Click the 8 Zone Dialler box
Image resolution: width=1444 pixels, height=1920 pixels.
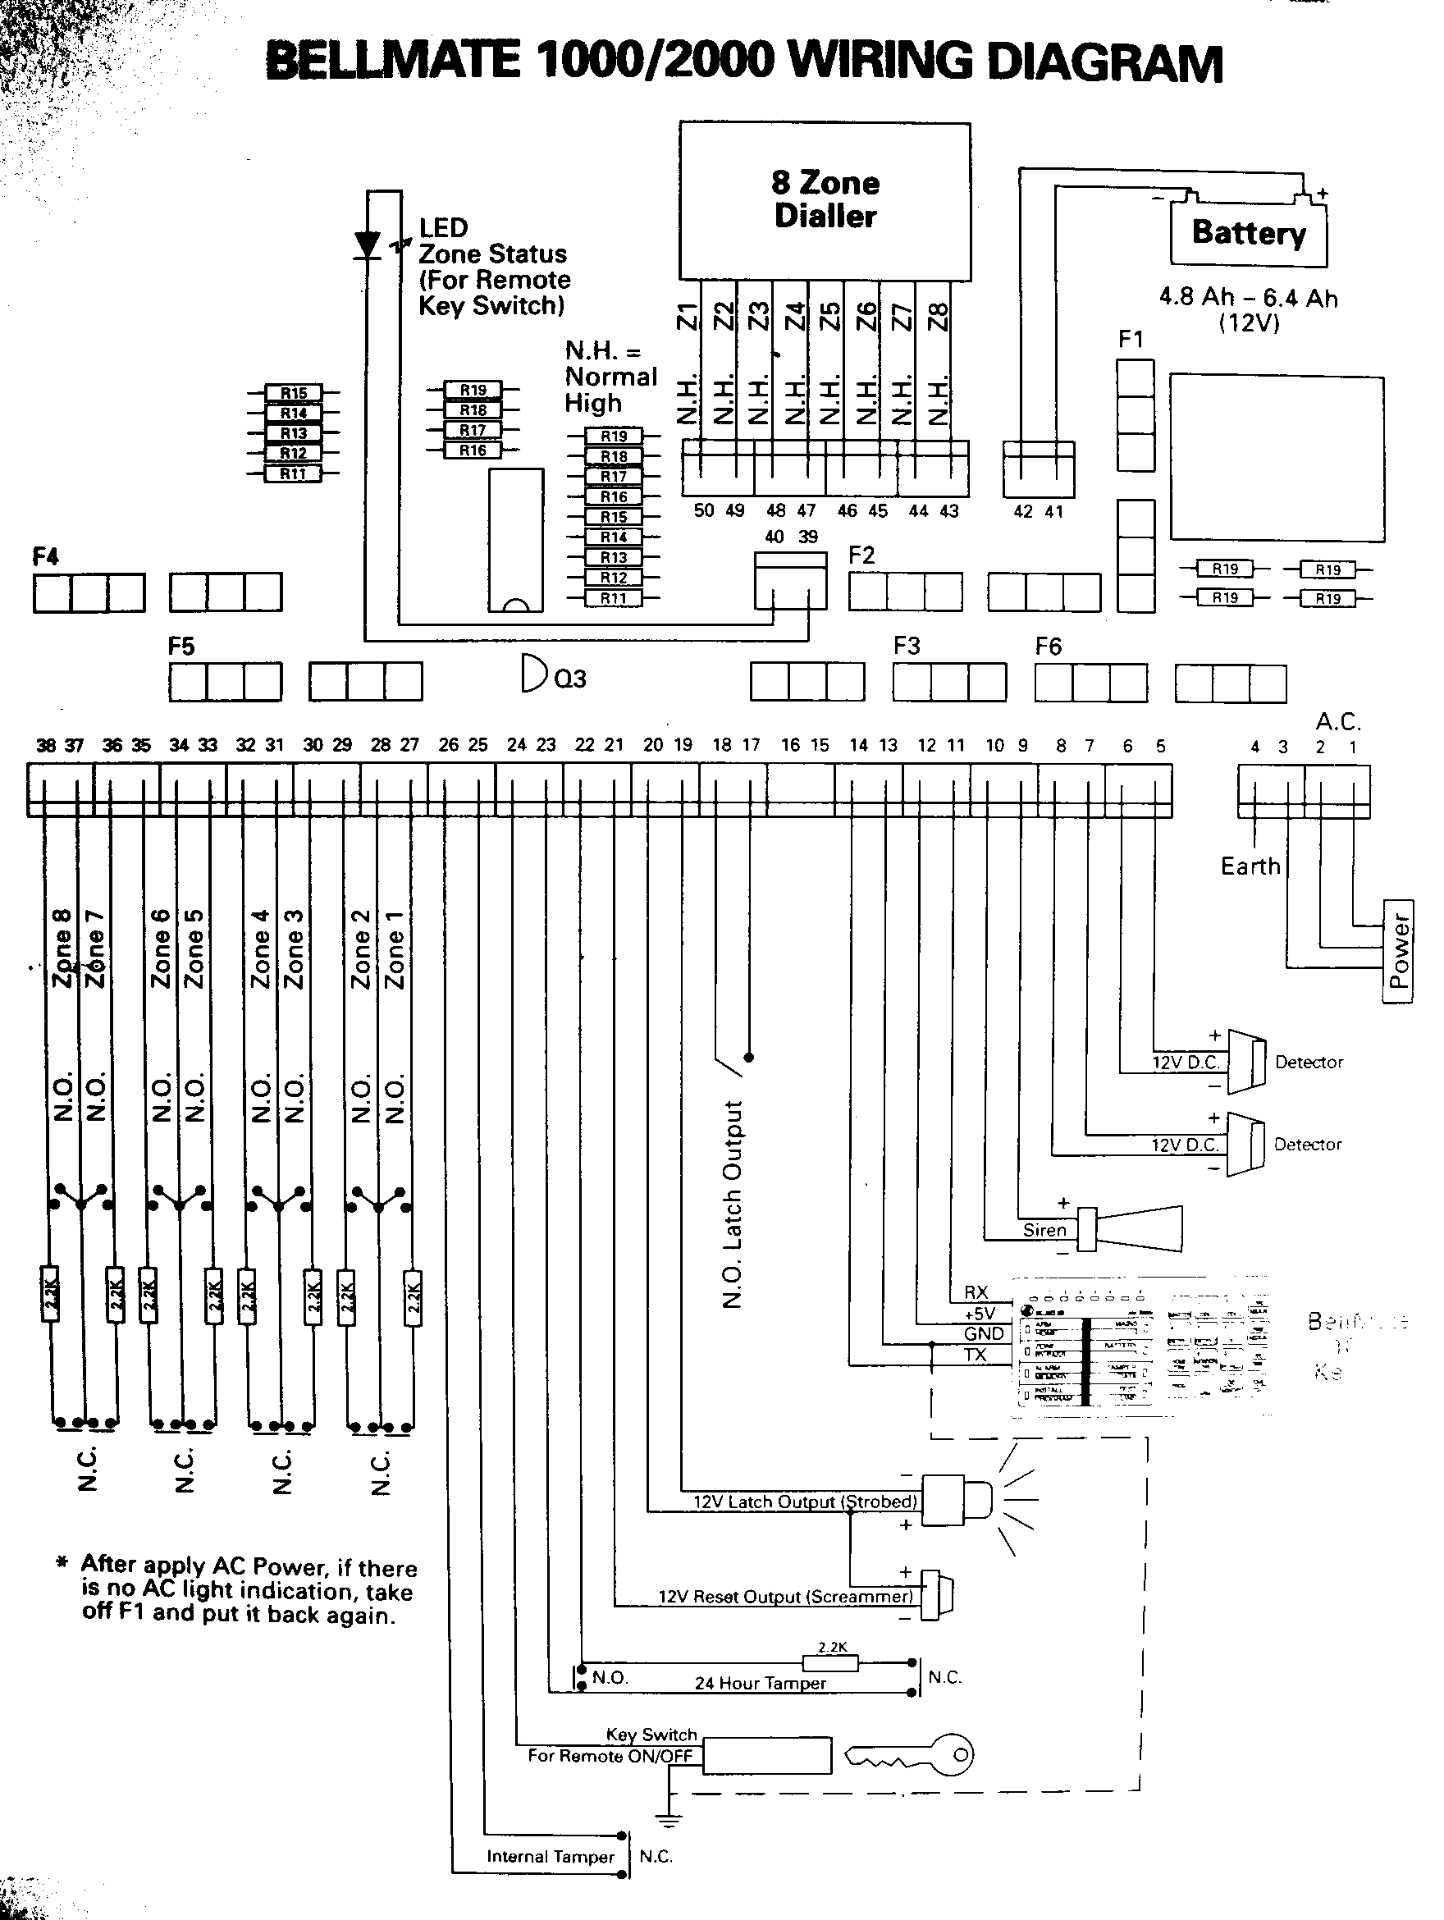coord(825,200)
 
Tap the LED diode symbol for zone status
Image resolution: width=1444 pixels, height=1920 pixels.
coord(369,245)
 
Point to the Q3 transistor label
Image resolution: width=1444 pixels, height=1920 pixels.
coord(569,679)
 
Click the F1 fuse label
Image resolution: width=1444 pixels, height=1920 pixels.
coord(1131,340)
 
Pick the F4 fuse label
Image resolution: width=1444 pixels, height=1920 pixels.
coord(45,556)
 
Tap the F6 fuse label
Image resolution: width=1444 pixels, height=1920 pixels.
coord(1049,646)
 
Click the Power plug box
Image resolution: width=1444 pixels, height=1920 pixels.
coord(1397,950)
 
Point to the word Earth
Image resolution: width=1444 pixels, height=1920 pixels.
coord(1250,866)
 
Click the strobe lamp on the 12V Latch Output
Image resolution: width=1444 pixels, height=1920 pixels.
coord(954,1499)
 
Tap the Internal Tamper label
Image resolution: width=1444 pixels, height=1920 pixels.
coord(551,1857)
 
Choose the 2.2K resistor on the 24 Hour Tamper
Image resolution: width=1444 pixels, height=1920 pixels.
coord(830,1663)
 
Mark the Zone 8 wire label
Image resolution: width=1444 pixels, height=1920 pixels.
coord(62,948)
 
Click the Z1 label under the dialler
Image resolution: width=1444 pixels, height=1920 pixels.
coord(688,317)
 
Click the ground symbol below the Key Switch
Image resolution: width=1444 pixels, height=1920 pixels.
coord(669,1819)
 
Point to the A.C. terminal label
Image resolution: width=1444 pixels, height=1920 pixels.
coord(1338,721)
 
